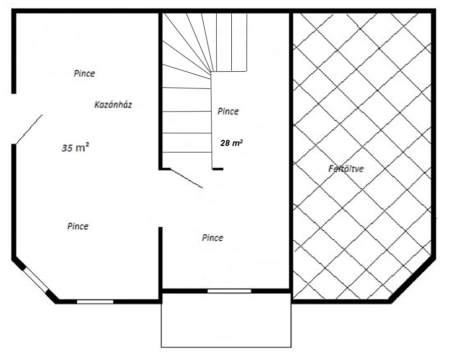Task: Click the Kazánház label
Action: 113,105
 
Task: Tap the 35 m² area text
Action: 75,147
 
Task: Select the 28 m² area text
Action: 231,142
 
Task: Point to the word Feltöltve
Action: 346,168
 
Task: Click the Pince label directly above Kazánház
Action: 84,73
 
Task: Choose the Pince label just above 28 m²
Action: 228,111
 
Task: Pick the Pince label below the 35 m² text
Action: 78,226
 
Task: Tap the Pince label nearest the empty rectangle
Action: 213,237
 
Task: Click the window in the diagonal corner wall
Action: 35,280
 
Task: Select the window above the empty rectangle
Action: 229,291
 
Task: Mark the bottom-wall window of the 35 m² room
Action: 95,301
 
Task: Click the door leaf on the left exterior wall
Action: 29,129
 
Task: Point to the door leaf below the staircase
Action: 187,179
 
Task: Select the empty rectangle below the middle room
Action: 226,320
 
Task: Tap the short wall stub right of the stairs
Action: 218,169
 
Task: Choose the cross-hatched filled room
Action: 362,156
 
